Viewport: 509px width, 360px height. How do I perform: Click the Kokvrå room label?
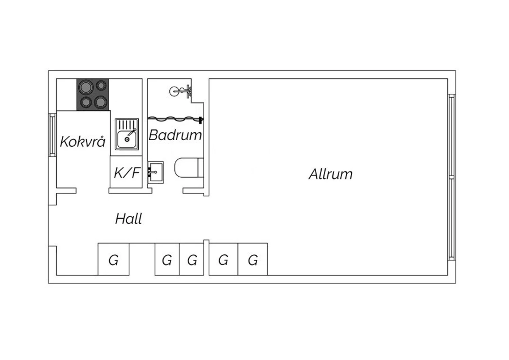click(x=83, y=142)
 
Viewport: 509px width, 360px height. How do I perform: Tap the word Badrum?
click(x=175, y=135)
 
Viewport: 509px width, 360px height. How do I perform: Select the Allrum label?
click(x=331, y=174)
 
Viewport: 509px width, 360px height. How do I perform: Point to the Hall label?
click(x=129, y=219)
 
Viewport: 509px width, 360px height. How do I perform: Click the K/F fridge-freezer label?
click(x=127, y=173)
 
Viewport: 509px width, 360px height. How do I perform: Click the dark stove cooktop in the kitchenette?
click(x=93, y=95)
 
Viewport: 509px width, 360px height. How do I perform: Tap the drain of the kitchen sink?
click(x=127, y=139)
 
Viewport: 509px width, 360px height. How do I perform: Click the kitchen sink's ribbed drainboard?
click(x=127, y=125)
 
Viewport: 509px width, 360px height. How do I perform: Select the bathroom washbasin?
click(x=156, y=173)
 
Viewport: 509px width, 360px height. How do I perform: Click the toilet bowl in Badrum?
click(x=186, y=168)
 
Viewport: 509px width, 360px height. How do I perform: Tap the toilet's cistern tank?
click(x=201, y=168)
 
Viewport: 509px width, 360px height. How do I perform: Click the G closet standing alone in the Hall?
click(x=114, y=259)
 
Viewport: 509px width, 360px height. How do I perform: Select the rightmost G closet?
click(x=253, y=259)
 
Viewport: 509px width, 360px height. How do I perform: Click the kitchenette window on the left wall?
click(x=53, y=135)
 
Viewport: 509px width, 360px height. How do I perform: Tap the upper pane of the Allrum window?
click(x=452, y=136)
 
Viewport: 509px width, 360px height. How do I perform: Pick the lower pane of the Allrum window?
click(x=452, y=218)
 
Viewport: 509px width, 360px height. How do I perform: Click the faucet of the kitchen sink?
click(x=132, y=132)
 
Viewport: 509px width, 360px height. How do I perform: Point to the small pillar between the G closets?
click(x=206, y=257)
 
